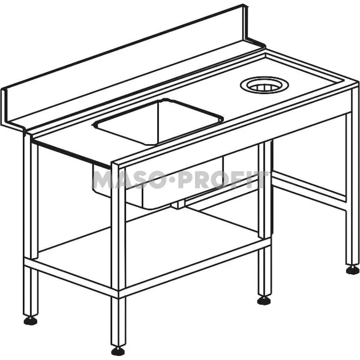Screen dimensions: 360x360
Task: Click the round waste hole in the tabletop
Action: [262, 86]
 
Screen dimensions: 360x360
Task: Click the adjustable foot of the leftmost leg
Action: [30, 320]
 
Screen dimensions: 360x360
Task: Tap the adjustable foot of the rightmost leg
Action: [353, 269]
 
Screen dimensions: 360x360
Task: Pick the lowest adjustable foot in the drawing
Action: [118, 350]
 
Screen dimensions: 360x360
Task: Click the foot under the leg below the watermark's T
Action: [264, 299]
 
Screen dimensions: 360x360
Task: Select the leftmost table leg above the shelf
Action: [30, 198]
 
